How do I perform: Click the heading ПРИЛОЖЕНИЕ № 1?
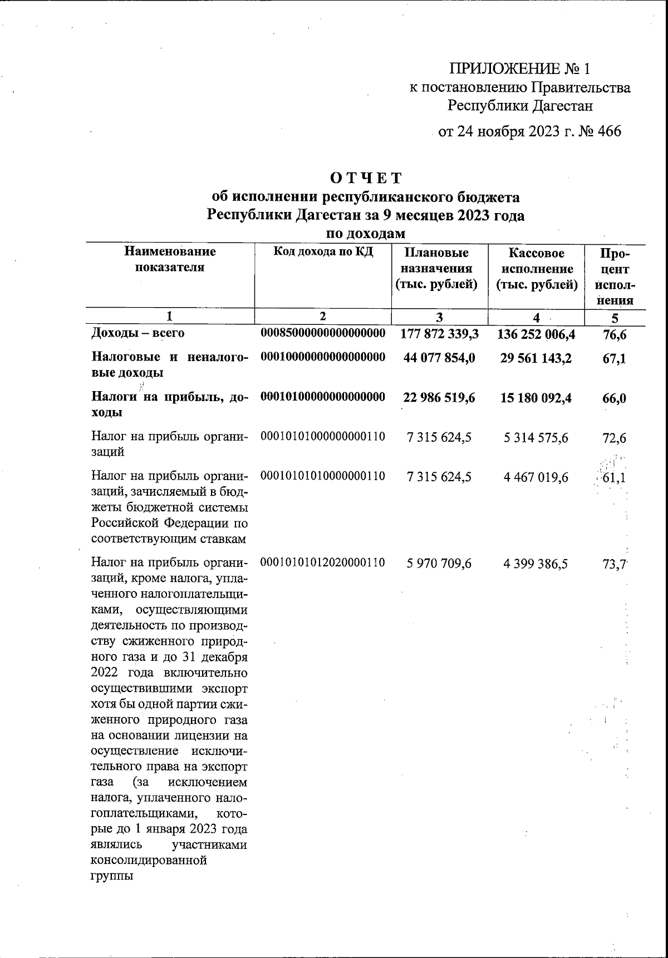click(x=519, y=69)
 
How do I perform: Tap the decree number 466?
click(x=608, y=131)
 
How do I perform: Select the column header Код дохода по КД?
click(x=323, y=251)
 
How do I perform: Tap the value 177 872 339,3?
click(x=439, y=334)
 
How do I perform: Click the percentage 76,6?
click(x=615, y=334)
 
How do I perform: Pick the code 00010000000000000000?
click(x=323, y=357)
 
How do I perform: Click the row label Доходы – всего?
click(x=138, y=333)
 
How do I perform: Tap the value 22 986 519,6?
click(x=439, y=398)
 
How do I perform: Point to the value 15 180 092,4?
click(x=536, y=398)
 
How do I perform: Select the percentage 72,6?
click(x=615, y=438)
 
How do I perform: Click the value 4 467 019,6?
click(x=536, y=477)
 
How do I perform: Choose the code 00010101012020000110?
click(x=323, y=562)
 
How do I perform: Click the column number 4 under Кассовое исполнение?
click(x=536, y=318)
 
